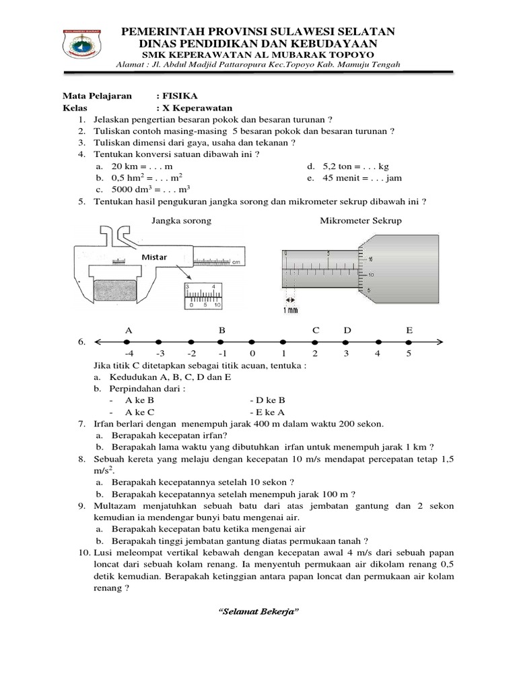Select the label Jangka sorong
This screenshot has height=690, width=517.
[x=181, y=220]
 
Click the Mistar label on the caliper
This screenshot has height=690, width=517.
[x=153, y=257]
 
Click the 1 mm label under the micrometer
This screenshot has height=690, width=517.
[x=290, y=310]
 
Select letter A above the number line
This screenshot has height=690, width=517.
[x=129, y=330]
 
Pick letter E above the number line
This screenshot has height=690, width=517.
[x=409, y=330]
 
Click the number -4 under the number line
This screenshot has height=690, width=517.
[x=129, y=353]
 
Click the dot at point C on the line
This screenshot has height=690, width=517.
[x=315, y=342]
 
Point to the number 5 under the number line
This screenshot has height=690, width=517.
[x=409, y=353]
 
